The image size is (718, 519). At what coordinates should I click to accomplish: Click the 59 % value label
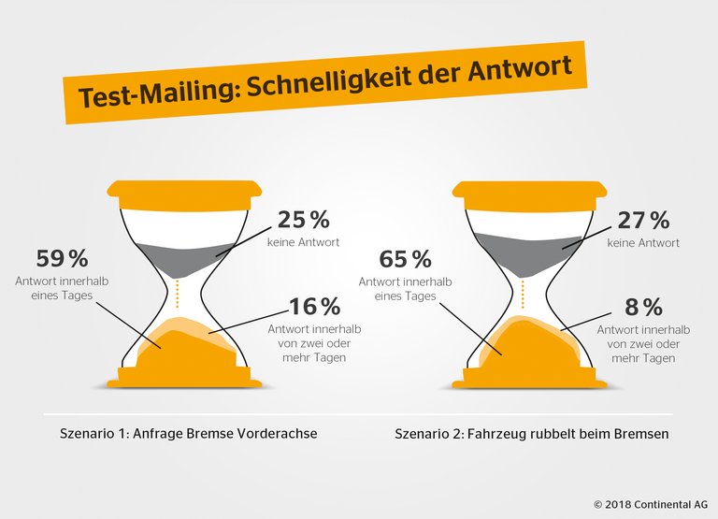tap(63, 258)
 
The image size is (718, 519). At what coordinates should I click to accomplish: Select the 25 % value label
tap(303, 221)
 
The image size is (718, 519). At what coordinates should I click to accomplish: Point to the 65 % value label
tap(406, 259)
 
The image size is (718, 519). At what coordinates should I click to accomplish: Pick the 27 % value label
tap(644, 222)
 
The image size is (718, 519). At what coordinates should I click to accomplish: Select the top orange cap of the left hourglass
tap(184, 192)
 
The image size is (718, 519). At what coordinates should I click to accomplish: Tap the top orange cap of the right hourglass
tap(527, 192)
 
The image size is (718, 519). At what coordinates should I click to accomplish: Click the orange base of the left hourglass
tap(184, 378)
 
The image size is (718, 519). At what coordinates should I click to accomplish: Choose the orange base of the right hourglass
tap(527, 378)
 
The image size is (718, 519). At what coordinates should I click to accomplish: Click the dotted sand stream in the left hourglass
tap(178, 294)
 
